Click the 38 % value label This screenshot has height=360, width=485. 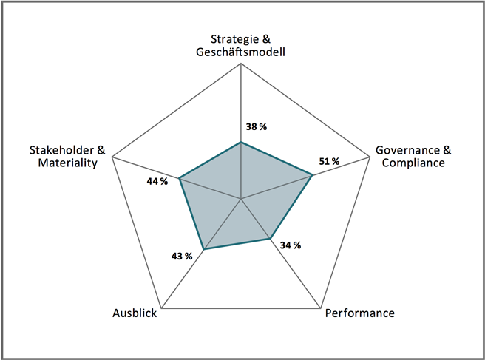click(x=256, y=126)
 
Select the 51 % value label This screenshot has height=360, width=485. click(x=329, y=161)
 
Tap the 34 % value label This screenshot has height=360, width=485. click(x=291, y=245)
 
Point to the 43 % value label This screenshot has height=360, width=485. click(x=182, y=256)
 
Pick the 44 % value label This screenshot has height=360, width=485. click(x=157, y=180)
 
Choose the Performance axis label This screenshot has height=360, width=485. click(x=360, y=313)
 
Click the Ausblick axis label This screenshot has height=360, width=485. click(x=135, y=313)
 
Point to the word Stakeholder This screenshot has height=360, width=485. click(x=58, y=149)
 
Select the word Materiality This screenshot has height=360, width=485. click(x=68, y=163)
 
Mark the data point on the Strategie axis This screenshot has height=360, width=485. click(x=241, y=142)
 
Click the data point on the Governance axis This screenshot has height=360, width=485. click(x=313, y=175)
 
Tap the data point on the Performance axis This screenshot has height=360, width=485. click(x=268, y=238)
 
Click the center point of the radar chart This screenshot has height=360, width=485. click(x=241, y=199)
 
